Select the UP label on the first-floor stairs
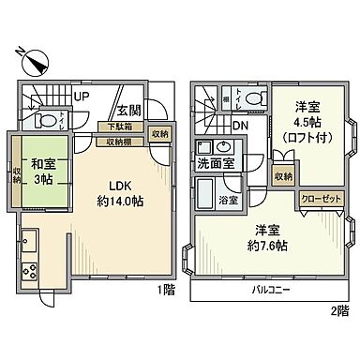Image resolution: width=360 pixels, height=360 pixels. [82, 96]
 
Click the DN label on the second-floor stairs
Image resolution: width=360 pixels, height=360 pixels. [241, 126]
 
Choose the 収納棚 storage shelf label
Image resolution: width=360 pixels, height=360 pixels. [119, 142]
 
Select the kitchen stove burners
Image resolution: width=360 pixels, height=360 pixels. [29, 271]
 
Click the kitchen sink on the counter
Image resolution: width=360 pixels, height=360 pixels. [27, 239]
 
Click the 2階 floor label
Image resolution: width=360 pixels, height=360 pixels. [338, 309]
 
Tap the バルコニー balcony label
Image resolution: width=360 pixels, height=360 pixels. [268, 291]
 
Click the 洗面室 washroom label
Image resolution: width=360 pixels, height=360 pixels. [215, 163]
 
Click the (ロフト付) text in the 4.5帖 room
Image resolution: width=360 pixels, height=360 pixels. [303, 136]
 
